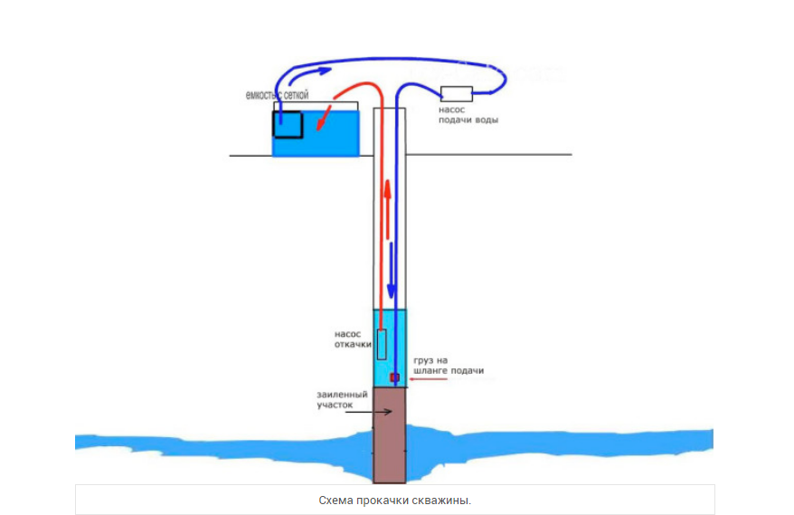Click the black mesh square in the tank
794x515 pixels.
[288, 124]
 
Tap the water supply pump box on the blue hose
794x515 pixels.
[456, 92]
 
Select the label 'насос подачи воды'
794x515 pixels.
[468, 114]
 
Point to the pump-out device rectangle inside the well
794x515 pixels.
[382, 344]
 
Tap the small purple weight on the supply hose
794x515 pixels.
[393, 377]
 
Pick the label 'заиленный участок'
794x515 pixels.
[341, 400]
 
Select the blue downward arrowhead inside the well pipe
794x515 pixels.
[392, 292]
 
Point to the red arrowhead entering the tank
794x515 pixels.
[321, 122]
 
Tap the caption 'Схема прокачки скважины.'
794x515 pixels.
[395, 500]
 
